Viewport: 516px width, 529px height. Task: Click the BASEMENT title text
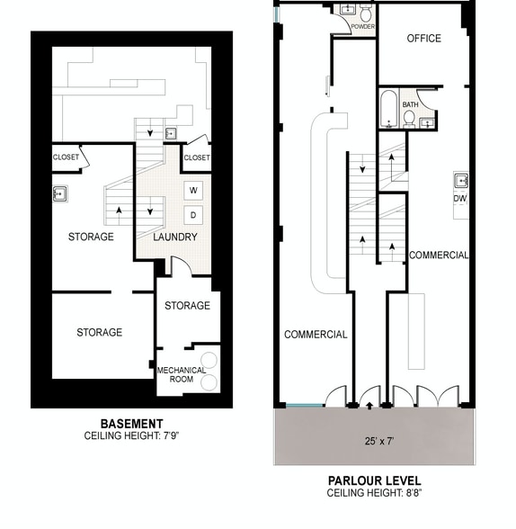(131, 424)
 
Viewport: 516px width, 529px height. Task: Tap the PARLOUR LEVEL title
(374, 480)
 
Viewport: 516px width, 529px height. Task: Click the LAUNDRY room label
(175, 238)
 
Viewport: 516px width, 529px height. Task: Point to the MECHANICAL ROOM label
(182, 374)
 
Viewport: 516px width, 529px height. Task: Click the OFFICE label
(423, 39)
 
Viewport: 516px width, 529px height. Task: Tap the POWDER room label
(363, 27)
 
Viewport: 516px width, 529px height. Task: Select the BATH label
(410, 104)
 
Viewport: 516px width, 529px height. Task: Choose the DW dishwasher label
(459, 198)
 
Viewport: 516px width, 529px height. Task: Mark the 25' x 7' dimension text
(374, 442)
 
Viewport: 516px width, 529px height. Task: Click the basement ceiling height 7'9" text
(131, 435)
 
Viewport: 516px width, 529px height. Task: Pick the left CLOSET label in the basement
(66, 157)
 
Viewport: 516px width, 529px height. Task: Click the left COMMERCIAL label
(316, 335)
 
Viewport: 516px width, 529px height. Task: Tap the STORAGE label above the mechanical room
(187, 306)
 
